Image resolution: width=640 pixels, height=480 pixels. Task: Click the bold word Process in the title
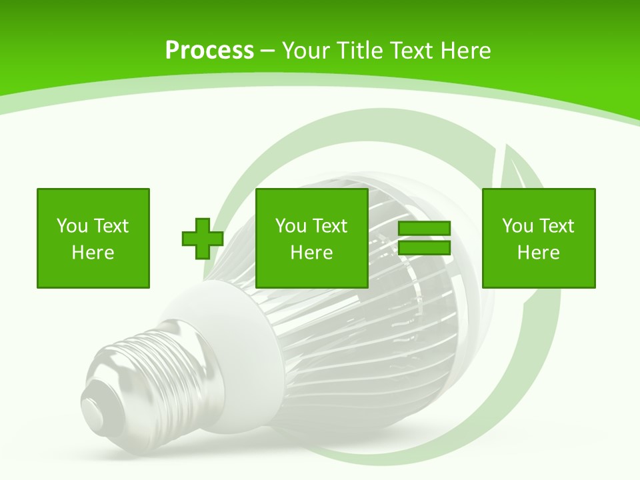[209, 50]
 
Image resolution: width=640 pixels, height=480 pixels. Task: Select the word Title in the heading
[359, 50]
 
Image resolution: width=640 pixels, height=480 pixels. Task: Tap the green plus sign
[203, 238]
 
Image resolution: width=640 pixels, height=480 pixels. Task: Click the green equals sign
[424, 238]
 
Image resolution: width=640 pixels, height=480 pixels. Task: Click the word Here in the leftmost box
[93, 253]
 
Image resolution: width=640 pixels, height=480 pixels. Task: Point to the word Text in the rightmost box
[557, 226]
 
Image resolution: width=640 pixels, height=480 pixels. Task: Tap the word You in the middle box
[291, 226]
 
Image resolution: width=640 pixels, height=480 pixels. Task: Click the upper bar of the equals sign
[424, 229]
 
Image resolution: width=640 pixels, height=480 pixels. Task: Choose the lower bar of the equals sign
[424, 247]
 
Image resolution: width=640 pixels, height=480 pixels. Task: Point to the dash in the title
[268, 51]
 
